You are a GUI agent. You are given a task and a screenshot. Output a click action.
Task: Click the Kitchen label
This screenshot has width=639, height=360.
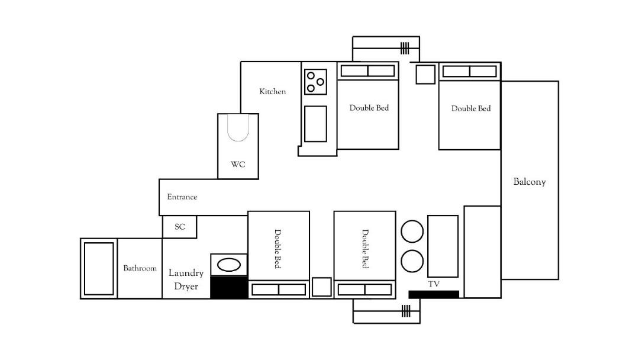(x=272, y=91)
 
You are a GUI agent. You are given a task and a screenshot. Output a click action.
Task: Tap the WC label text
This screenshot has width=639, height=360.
(x=238, y=164)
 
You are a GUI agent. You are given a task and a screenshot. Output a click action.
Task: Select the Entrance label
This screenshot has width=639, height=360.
(x=182, y=197)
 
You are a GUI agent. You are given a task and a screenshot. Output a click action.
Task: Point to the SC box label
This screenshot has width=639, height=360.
(x=180, y=227)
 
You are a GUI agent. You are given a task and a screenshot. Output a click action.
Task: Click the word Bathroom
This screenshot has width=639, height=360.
(x=140, y=268)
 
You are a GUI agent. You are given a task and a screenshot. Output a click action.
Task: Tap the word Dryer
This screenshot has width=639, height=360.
(x=186, y=286)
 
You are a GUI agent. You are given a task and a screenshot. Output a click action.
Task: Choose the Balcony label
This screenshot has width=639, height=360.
(x=530, y=182)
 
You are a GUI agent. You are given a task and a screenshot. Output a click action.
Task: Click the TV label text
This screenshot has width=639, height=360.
(x=434, y=284)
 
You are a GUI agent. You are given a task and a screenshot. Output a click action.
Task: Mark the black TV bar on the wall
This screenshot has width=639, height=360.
(x=434, y=294)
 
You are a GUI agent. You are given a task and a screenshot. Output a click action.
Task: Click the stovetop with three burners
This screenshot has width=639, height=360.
(x=315, y=82)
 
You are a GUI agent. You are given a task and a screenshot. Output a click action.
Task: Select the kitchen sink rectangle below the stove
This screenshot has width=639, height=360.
(x=315, y=124)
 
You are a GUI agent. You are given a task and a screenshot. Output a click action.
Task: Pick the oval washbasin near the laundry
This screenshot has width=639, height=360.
(x=229, y=265)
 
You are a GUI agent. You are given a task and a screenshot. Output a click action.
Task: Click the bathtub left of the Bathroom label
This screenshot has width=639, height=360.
(x=99, y=269)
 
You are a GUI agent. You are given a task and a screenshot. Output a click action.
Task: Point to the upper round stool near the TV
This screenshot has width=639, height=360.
(x=412, y=231)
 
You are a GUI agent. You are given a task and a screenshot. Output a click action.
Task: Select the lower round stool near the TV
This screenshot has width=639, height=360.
(x=412, y=261)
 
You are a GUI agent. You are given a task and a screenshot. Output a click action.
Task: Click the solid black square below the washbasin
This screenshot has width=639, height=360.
(x=228, y=287)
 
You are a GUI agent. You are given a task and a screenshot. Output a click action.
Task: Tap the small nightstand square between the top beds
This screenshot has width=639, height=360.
(x=425, y=74)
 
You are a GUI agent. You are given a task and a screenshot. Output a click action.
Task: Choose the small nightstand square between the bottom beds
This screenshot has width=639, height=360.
(x=321, y=287)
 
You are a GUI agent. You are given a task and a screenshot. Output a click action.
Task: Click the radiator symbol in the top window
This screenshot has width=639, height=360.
(x=404, y=48)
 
